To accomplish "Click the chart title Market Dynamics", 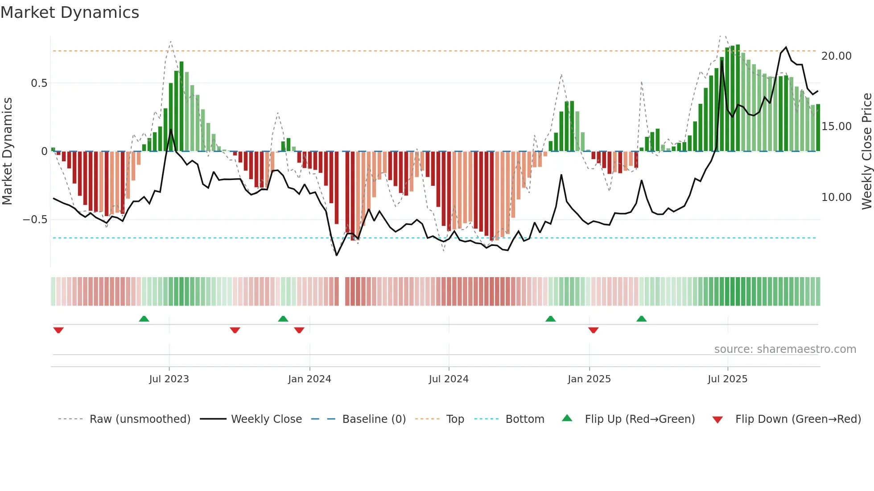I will [70, 12].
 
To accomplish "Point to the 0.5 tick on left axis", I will [39, 83].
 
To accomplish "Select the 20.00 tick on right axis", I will [836, 56].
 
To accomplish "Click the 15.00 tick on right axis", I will [836, 127].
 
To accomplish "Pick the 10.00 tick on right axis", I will [836, 197].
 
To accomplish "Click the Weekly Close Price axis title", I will [866, 151].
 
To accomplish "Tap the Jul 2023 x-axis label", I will [169, 379].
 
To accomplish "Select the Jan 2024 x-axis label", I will [309, 379].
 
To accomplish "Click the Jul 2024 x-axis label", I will [449, 379].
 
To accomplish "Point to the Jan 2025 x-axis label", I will [589, 379].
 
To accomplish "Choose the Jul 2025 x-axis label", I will [727, 379].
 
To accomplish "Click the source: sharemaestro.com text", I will [785, 349].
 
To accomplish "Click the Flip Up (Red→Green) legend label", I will [639, 419].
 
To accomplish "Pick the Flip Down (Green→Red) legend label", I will [798, 419].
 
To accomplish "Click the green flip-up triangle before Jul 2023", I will [144, 319].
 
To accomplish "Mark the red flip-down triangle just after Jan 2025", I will [593, 330].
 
